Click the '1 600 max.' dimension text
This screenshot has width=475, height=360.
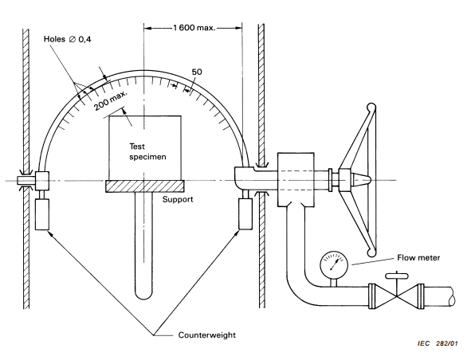(x=194, y=28)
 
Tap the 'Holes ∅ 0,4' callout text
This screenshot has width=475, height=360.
(x=67, y=39)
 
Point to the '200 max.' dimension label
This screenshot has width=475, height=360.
(x=111, y=101)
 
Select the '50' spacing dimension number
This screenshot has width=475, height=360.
(x=197, y=72)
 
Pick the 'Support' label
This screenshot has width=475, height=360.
(x=178, y=199)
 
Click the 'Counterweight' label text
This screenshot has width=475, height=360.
(x=207, y=335)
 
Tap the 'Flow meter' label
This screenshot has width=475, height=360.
(x=418, y=258)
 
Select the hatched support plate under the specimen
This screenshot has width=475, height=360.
(x=145, y=186)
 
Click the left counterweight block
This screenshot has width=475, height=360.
(x=42, y=214)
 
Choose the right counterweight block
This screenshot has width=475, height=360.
(x=245, y=213)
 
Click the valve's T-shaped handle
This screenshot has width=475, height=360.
(x=397, y=276)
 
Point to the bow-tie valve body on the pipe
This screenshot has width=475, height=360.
(x=396, y=296)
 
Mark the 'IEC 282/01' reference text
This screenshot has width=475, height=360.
(x=438, y=343)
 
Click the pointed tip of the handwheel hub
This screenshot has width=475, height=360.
(x=370, y=180)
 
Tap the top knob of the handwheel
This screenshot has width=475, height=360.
(x=371, y=108)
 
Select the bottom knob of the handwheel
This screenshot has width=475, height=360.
(x=371, y=252)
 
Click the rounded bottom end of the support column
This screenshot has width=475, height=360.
(x=144, y=295)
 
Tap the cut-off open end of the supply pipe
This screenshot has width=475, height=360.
(x=451, y=296)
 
